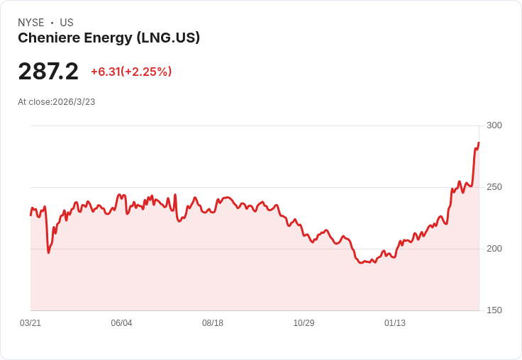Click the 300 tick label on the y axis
point(494,125)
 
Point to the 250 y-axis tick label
point(494,187)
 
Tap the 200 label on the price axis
point(494,249)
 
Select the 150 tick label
point(494,310)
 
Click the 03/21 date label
point(30,323)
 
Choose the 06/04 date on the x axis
point(121,323)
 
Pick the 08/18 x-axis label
point(213,323)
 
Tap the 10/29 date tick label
point(304,323)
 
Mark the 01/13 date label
point(395,323)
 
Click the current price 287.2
point(48,72)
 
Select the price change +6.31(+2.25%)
point(131,72)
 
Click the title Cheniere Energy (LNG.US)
point(109,38)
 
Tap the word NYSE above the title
point(30,23)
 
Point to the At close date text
point(56,102)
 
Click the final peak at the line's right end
point(479,143)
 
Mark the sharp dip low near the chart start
point(48,252)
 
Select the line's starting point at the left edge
point(30,215)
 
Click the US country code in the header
point(67,23)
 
